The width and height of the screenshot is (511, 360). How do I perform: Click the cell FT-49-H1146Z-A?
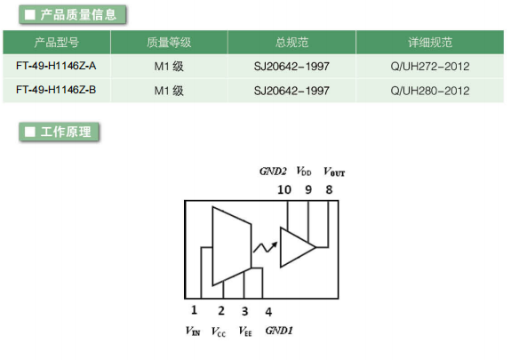coord(56,66)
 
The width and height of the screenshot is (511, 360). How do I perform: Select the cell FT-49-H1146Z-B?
coord(56,90)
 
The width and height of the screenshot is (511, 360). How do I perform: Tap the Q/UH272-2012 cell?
coord(430,67)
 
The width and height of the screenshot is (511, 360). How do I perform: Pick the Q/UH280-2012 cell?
coord(430,91)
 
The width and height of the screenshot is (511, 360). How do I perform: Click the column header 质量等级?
coord(169,43)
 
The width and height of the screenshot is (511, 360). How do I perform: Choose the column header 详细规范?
coord(430,43)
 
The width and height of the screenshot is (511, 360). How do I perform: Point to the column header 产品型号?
coord(56,43)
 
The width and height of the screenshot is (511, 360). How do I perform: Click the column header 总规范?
coord(291,43)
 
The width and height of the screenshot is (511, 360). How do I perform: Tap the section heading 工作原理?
coord(59,132)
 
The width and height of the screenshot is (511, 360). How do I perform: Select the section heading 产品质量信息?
coord(72,15)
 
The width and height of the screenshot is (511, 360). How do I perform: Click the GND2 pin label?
coord(273,172)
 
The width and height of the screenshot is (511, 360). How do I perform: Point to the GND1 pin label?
coord(279,331)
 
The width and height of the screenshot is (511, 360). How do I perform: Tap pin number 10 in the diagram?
coord(283,189)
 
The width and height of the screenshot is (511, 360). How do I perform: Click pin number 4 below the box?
coord(268,312)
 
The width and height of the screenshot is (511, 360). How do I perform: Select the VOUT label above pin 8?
coord(334,172)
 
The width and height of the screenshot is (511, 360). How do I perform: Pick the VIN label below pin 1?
coord(193,331)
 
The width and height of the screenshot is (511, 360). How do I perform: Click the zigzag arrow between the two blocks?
coord(266,247)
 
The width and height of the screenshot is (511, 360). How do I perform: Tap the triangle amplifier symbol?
coord(298,247)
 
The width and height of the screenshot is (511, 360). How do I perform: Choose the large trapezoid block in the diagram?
coord(232,246)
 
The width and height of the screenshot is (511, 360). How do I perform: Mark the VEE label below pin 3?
coord(245,332)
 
